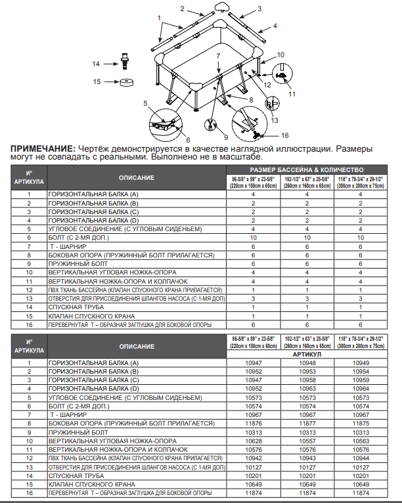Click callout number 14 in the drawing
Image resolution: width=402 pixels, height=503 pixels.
click(96, 64)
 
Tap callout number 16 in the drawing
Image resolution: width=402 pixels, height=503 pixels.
click(284, 135)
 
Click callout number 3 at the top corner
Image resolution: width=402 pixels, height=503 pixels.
click(259, 9)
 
